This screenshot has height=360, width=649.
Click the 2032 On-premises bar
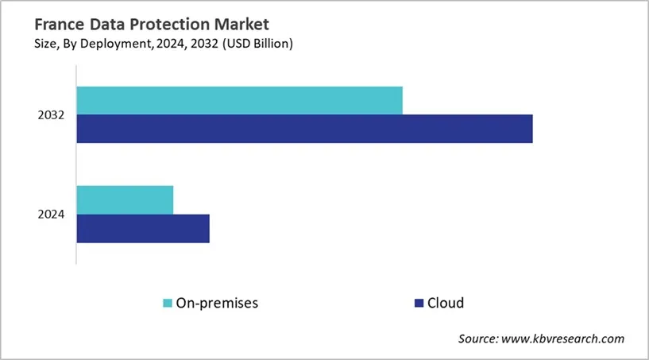(239, 100)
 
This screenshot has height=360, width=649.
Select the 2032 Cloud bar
(304, 129)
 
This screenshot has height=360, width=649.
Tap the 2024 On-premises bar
(125, 199)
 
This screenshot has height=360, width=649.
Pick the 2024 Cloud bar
(143, 228)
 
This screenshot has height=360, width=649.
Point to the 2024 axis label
(51, 215)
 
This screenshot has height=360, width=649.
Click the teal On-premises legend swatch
(168, 303)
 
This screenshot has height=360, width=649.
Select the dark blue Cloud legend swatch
(418, 303)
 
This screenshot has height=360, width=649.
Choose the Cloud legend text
(446, 303)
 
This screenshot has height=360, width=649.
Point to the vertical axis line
(76, 175)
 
